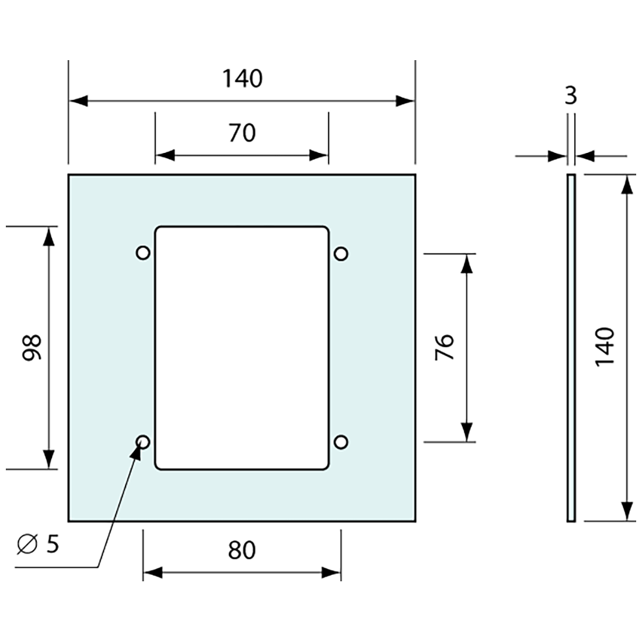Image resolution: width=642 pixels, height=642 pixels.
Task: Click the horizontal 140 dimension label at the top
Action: [242, 78]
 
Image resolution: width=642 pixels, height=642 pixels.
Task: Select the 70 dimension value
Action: [242, 133]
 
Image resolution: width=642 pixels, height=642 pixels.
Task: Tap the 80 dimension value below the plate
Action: [242, 550]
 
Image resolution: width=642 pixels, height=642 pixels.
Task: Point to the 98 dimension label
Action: [32, 348]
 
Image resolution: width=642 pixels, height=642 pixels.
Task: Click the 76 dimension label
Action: [444, 348]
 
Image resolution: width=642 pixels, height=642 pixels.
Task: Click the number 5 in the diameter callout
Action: [53, 545]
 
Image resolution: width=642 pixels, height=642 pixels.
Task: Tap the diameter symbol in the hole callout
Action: [27, 546]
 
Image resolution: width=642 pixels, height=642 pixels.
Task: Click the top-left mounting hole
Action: [142, 253]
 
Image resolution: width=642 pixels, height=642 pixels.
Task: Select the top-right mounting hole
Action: [341, 253]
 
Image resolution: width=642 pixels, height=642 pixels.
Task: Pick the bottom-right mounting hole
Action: [341, 442]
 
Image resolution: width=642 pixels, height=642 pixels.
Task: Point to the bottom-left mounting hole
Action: [142, 442]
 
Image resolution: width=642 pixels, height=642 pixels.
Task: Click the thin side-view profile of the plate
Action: [571, 348]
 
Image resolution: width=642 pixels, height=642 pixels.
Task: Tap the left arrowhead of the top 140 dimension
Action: [78, 101]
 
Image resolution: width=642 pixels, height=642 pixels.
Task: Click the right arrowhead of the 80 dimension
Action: [331, 573]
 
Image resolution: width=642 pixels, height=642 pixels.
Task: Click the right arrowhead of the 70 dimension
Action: [319, 156]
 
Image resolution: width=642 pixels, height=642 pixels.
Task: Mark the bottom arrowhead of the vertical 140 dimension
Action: [627, 511]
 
